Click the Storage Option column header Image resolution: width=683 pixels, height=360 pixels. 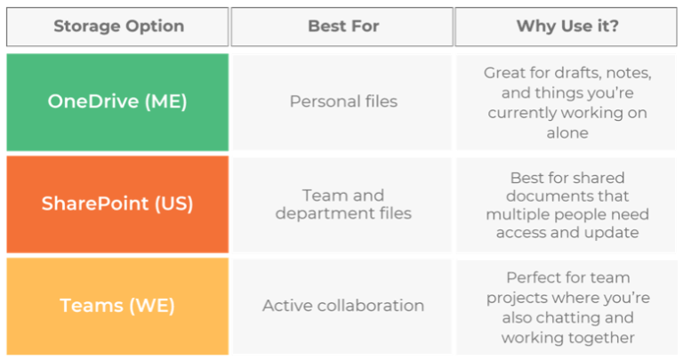click(118, 26)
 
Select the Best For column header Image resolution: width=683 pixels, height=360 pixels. click(343, 26)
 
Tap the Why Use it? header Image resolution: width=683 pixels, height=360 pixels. click(567, 26)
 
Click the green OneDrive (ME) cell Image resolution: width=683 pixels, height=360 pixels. click(117, 101)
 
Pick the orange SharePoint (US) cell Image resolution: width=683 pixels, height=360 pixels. click(117, 204)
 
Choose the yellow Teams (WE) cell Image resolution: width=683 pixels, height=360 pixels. click(117, 306)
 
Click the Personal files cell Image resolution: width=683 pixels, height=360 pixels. click(343, 101)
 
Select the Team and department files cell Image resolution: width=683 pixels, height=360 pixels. click(343, 204)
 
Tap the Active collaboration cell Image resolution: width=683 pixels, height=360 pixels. click(343, 306)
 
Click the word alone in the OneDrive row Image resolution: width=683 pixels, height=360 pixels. click(567, 132)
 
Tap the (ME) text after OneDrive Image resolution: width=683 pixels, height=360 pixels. click(165, 101)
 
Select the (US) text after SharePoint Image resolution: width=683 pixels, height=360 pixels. click(174, 204)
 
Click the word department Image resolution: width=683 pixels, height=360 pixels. click(319, 214)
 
